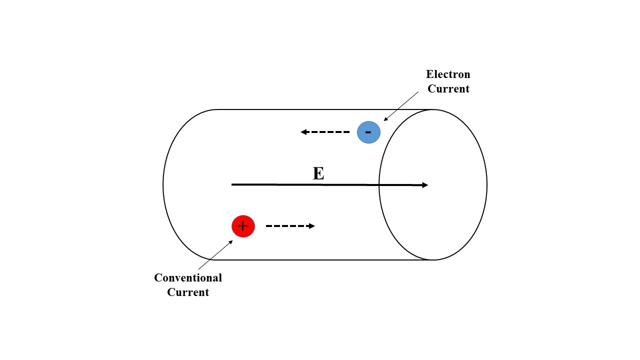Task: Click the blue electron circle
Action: click(368, 132)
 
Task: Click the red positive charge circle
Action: click(243, 226)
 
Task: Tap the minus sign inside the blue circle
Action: click(368, 132)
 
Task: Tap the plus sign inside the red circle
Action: click(243, 226)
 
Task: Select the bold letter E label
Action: click(318, 173)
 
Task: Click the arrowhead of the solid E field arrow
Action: click(425, 185)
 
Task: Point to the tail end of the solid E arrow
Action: click(232, 184)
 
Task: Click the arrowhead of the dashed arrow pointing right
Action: click(312, 226)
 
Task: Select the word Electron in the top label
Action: click(448, 74)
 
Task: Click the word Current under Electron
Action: click(448, 89)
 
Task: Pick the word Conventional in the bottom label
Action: click(188, 277)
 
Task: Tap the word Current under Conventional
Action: click(188, 292)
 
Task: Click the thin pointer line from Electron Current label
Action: click(401, 106)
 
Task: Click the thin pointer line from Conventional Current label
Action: click(215, 255)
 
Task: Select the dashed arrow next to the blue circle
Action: click(325, 132)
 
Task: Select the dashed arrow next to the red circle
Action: click(290, 226)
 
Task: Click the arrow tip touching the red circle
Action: click(231, 241)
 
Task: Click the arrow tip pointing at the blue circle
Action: click(384, 120)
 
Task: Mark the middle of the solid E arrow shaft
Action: click(329, 185)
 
